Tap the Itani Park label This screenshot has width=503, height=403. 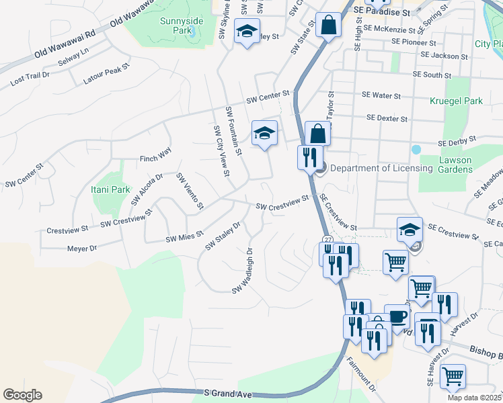tap(110, 190)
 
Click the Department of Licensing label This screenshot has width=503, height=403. tap(381, 168)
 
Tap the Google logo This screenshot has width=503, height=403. tap(22, 395)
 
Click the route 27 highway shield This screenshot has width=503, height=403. tap(327, 239)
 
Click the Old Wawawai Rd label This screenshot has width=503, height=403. tap(67, 40)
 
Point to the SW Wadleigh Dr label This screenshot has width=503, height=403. tap(242, 271)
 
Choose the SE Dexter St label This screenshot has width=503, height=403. tap(387, 118)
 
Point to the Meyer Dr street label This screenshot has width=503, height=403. tap(82, 249)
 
